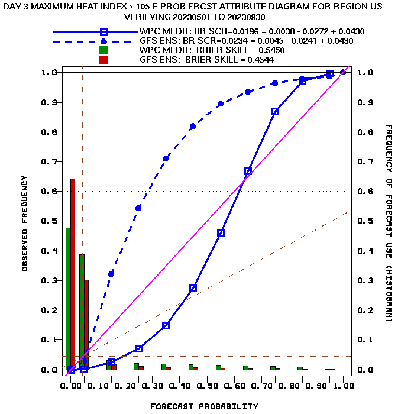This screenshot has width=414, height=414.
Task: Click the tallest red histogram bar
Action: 73,274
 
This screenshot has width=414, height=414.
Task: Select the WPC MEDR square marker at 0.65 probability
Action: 248,171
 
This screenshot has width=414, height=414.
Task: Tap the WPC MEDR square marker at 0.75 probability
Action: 275,111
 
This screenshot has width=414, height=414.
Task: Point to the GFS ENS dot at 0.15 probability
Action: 111,274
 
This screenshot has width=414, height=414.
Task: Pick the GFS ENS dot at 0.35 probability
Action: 166,159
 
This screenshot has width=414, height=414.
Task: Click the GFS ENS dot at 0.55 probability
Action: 221,103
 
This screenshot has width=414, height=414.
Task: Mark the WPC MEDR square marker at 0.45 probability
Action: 193,288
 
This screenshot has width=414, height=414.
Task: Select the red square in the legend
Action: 103,60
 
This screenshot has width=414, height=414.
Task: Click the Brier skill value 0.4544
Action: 260,60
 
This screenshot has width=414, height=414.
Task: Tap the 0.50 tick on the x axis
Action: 207,386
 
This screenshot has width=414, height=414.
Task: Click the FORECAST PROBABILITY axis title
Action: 204,406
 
